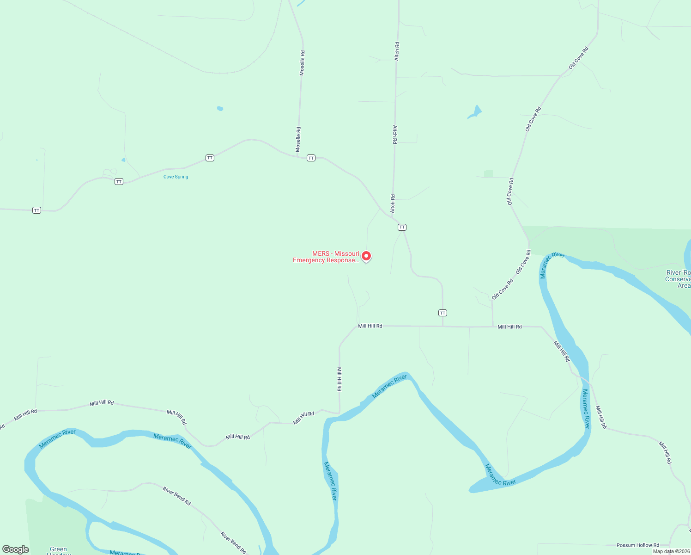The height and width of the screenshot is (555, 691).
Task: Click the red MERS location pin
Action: click(x=366, y=255)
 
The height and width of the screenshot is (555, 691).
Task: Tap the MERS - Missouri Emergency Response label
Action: click(x=326, y=257)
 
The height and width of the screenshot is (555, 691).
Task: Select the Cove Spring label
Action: click(x=176, y=177)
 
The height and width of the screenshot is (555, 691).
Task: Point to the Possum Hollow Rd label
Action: click(x=638, y=545)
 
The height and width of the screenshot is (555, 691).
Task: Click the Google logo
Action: click(x=16, y=549)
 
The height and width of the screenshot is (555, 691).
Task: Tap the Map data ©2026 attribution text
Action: click(x=671, y=551)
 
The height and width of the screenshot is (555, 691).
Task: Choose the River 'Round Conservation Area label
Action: click(x=678, y=279)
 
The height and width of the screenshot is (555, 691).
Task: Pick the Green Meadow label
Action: click(x=58, y=550)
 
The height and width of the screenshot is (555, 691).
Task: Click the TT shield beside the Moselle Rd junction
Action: click(x=311, y=158)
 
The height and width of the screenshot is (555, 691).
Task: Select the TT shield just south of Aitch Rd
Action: click(x=402, y=227)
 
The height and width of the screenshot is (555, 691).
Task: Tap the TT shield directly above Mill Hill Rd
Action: click(x=442, y=313)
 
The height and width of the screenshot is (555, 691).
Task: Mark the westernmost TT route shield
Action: click(x=37, y=210)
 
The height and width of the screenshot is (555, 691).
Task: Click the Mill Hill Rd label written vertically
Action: click(x=339, y=379)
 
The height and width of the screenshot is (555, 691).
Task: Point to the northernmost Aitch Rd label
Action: click(x=397, y=51)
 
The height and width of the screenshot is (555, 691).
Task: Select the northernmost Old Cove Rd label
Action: click(x=578, y=58)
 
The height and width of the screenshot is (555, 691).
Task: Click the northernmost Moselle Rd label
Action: click(x=302, y=63)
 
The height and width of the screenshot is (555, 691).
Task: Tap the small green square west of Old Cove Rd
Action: click(x=488, y=174)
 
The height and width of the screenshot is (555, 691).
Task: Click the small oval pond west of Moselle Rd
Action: click(x=220, y=109)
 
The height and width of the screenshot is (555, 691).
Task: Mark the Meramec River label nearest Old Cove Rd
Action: click(x=552, y=265)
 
